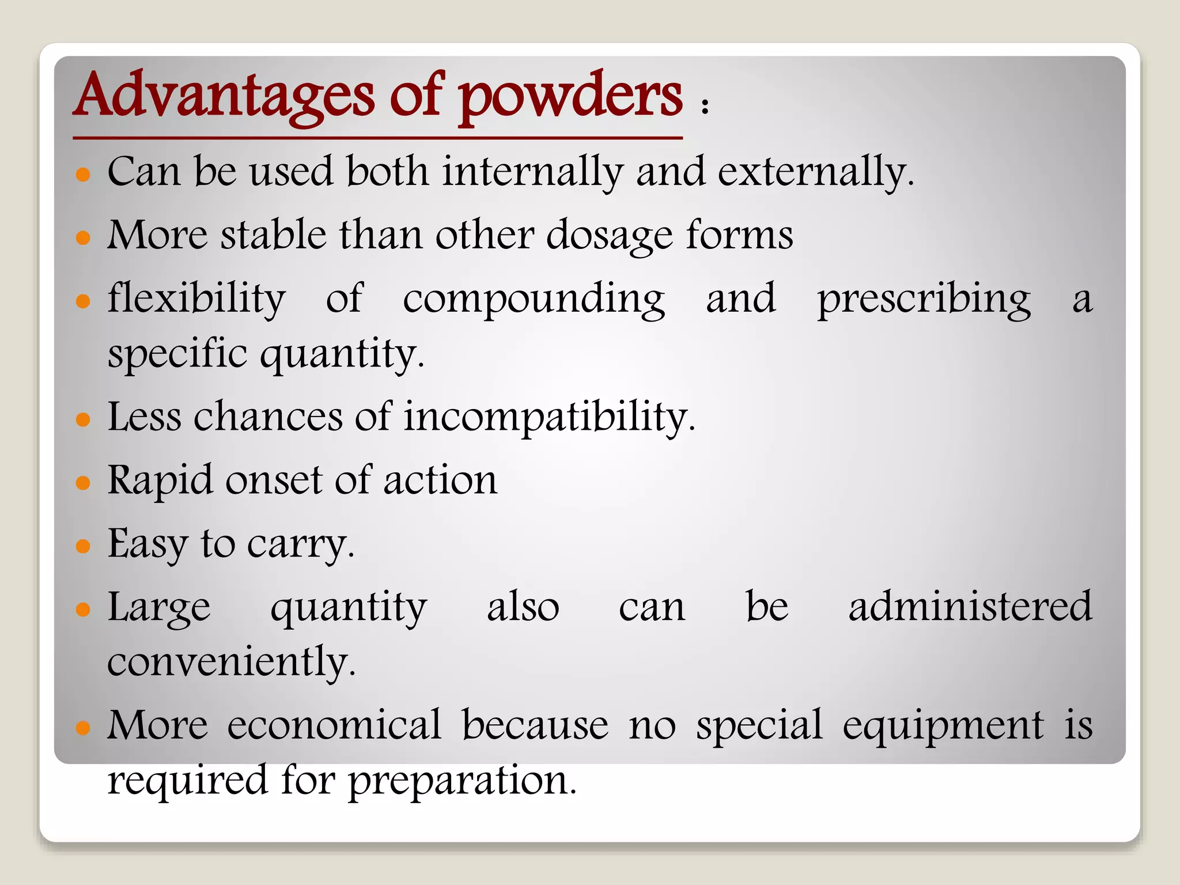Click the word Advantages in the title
tap(225, 95)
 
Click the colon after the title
tap(704, 106)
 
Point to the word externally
tap(815, 172)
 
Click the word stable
tap(274, 235)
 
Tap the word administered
tap(970, 607)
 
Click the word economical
tap(334, 725)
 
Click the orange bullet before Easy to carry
tap(84, 545)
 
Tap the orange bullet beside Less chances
tap(84, 419)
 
